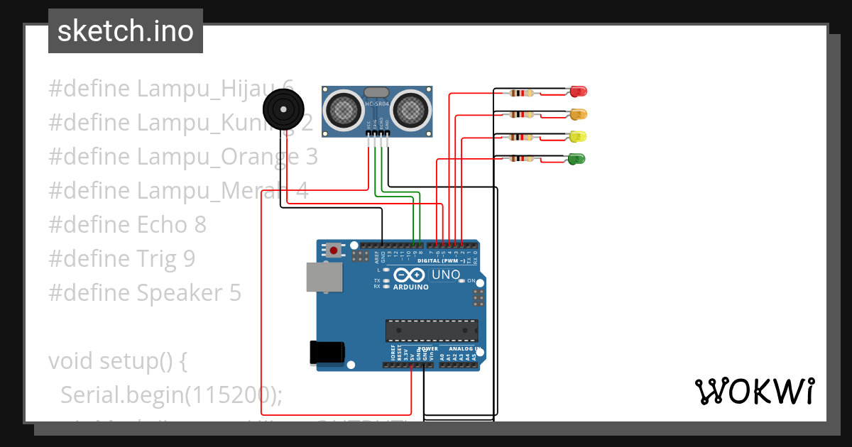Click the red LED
(579, 92)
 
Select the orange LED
(579, 114)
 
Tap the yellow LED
(577, 136)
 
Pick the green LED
(577, 159)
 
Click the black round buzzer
(283, 111)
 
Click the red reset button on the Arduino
(333, 250)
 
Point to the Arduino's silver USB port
(324, 277)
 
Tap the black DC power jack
(327, 353)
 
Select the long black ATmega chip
(431, 330)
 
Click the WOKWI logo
(754, 391)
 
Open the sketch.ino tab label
(126, 31)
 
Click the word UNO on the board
(446, 275)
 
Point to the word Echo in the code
(163, 224)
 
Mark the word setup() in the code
(141, 360)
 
